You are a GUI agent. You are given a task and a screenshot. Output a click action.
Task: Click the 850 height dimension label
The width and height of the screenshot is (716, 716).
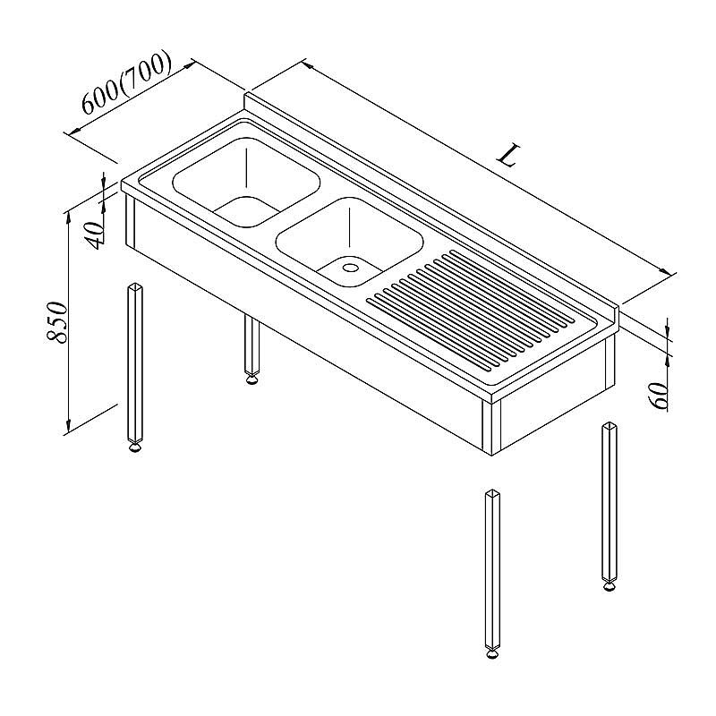(58, 321)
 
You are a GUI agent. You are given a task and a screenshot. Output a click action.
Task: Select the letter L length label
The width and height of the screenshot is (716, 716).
(508, 155)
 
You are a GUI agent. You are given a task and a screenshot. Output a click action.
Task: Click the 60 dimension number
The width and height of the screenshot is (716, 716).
(658, 396)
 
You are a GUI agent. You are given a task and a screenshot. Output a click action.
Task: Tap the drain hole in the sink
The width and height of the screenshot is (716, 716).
(351, 267)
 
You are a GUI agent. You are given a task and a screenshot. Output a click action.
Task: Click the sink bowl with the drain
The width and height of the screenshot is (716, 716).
(349, 242)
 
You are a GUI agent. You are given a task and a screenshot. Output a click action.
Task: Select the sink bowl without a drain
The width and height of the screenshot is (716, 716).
(246, 183)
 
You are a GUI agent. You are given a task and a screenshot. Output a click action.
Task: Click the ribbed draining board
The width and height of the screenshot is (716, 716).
(471, 309)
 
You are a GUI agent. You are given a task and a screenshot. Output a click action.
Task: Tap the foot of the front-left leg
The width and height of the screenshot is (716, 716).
(134, 448)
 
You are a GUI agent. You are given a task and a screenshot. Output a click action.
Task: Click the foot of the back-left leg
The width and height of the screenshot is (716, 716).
(251, 379)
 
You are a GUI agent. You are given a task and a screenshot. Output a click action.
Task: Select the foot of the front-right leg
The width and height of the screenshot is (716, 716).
(492, 654)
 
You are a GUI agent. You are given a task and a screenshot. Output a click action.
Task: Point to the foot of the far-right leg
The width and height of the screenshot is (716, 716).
(609, 585)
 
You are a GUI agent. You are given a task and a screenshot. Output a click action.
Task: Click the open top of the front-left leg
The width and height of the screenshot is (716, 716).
(135, 286)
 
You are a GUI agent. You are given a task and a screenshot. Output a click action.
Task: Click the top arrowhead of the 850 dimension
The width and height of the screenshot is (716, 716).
(69, 217)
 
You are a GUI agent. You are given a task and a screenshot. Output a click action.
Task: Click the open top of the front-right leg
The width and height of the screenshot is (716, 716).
(493, 493)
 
